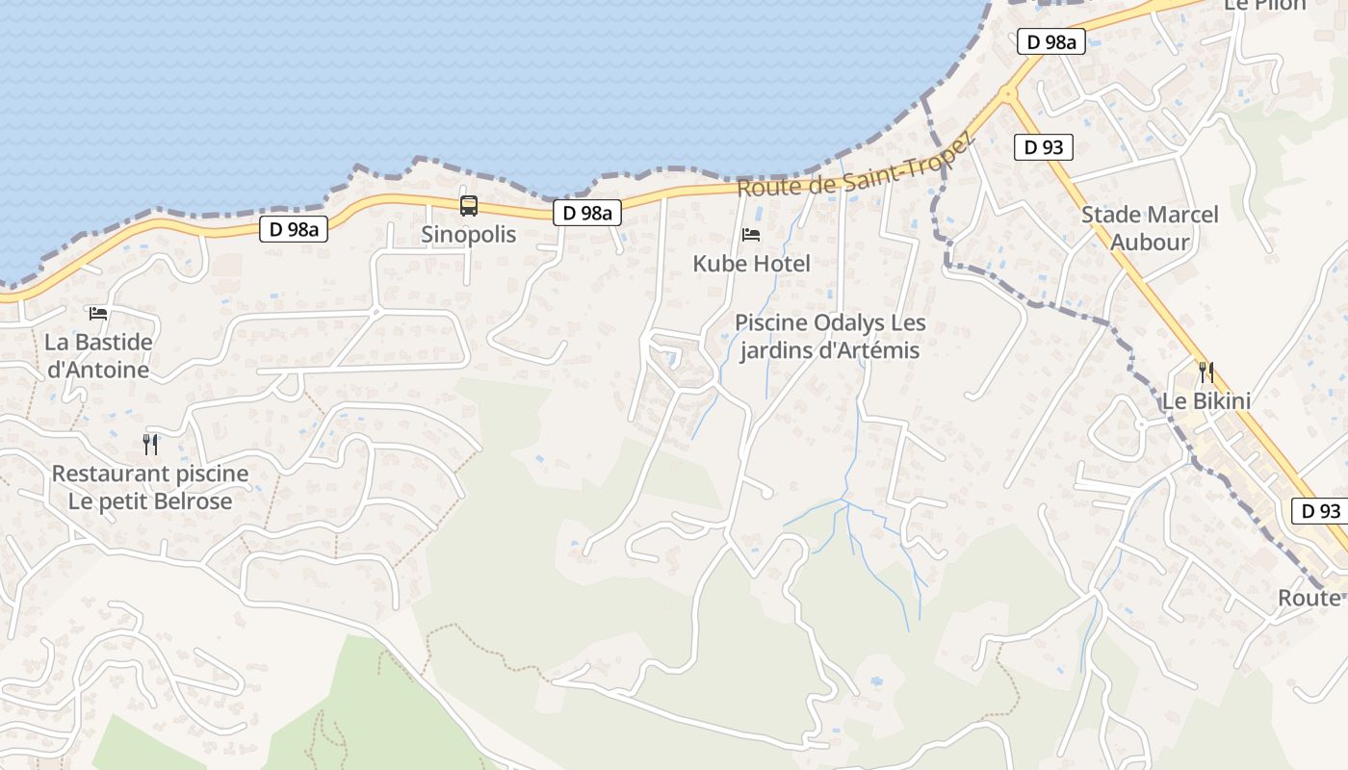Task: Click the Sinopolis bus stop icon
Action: coord(469,205)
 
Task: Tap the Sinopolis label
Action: coord(469,234)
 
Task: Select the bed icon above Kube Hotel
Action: coord(751,234)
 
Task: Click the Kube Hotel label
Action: coord(752,263)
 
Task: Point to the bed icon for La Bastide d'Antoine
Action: coord(98,313)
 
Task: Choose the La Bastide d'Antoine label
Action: coord(98,356)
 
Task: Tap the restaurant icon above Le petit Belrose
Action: coord(150,444)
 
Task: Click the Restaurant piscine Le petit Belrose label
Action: coord(150,487)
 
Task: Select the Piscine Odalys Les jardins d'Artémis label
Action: coord(829,336)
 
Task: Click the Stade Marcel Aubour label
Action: coord(1150,228)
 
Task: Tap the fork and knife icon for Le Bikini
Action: coord(1205,372)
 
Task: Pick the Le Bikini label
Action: coord(1206,400)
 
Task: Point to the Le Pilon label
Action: coord(1264,6)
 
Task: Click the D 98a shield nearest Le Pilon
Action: coord(1051,41)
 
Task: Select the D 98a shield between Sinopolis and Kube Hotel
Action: coord(587,213)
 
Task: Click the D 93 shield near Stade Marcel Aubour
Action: coord(1044,147)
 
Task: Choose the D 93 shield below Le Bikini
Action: coord(1320,511)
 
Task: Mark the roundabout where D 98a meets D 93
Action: coord(1008,94)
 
